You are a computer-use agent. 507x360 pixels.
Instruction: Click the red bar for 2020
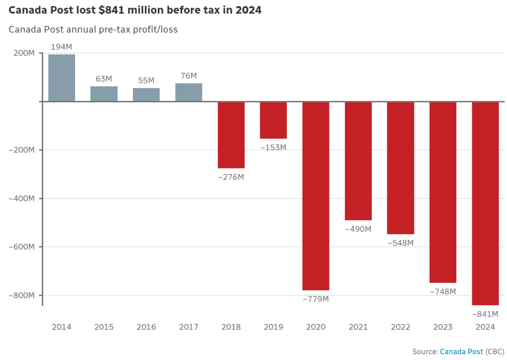click(x=315, y=196)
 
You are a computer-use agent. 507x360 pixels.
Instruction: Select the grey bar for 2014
click(x=61, y=78)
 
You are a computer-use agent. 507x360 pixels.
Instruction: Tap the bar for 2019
click(x=273, y=120)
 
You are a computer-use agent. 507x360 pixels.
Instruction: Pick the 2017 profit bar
click(x=189, y=92)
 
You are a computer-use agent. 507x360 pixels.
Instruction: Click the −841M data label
click(x=485, y=314)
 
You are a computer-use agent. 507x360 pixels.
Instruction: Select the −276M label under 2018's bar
click(x=231, y=177)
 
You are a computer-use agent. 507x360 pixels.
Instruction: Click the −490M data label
click(x=358, y=229)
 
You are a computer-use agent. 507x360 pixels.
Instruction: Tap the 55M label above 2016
click(x=146, y=81)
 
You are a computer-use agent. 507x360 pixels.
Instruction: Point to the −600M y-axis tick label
click(x=22, y=247)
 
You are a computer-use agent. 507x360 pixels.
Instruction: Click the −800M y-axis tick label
click(x=22, y=295)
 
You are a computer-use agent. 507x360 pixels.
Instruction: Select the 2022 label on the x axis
click(x=400, y=327)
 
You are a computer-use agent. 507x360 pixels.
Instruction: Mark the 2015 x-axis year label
click(x=104, y=327)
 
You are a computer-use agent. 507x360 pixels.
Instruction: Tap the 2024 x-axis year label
click(x=485, y=327)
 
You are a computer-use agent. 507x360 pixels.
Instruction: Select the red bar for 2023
click(x=443, y=192)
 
